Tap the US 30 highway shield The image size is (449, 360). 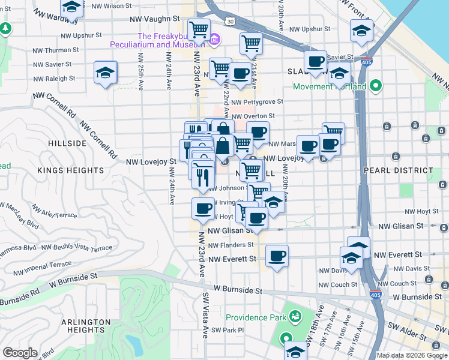pos(230,21)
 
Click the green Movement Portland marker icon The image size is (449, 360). pos(376,86)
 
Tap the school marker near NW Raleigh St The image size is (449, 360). pos(105,73)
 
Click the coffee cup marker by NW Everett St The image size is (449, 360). pos(277,256)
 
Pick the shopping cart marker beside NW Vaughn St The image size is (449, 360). pos(199,29)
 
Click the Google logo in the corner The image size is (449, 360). pos(20,353)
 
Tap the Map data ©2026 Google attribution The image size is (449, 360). pos(411,355)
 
